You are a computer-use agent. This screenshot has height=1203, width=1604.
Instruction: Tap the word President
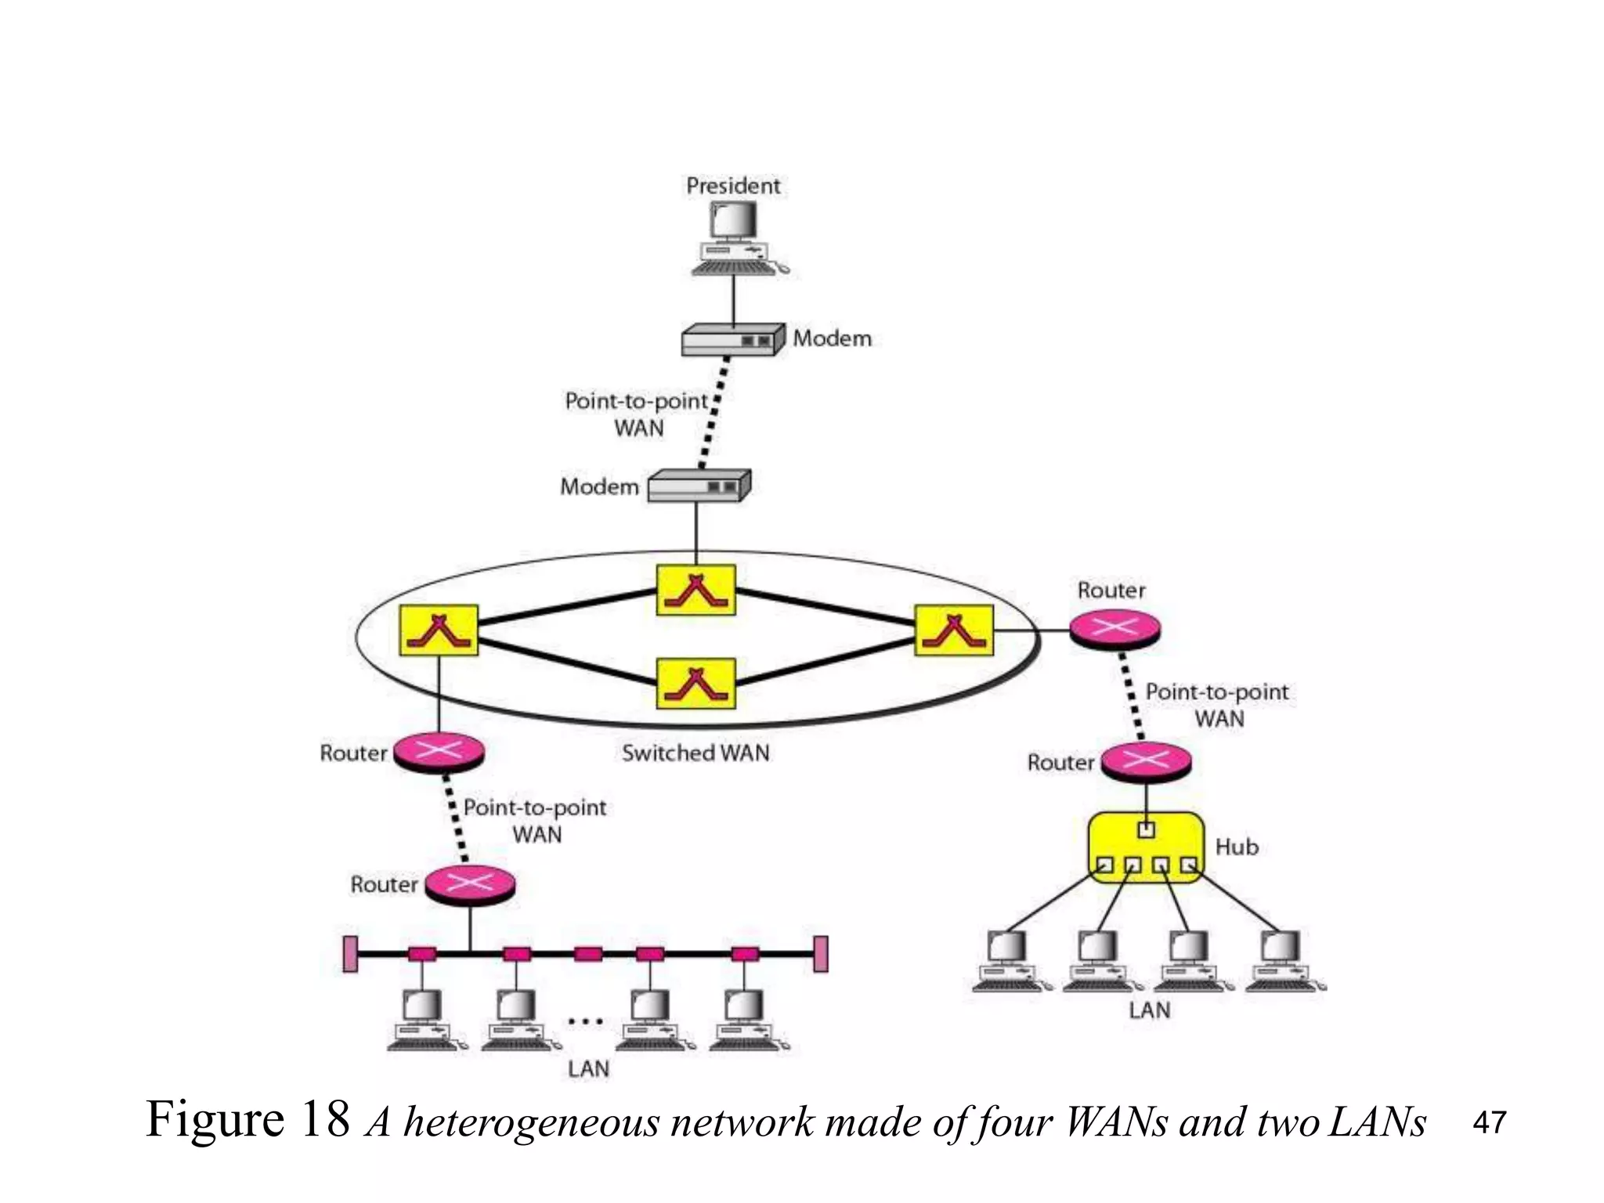pos(733,186)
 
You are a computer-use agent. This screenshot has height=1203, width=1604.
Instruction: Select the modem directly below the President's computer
pos(732,340)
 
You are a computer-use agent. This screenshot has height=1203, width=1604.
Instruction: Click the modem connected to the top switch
pos(699,486)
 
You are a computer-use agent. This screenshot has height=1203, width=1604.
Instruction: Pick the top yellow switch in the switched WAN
pos(695,590)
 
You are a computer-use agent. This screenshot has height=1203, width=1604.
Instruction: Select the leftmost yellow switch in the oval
pos(439,630)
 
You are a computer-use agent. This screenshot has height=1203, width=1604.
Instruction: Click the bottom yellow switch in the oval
pos(695,683)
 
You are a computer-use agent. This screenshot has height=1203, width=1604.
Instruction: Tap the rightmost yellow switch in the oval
pos(954,630)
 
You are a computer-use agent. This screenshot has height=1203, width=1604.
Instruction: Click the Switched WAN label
pos(695,753)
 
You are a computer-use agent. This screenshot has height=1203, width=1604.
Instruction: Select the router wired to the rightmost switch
pos(1114,629)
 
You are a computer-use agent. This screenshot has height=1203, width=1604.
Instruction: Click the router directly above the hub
pos(1146,760)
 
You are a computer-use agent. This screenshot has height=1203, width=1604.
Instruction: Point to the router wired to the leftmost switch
pos(439,752)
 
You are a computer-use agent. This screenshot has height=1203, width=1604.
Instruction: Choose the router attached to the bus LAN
pos(469,885)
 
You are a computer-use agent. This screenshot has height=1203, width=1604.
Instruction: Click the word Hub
pos(1237,847)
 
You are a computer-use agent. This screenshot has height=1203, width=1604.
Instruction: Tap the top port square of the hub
pos(1146,830)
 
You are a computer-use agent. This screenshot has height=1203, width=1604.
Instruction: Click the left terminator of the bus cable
pos(350,954)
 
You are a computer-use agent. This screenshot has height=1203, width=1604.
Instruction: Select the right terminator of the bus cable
pos(820,954)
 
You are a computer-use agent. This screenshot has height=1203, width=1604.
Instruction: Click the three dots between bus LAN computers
pos(585,1021)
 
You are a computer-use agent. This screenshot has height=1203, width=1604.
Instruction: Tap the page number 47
pos(1489,1122)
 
